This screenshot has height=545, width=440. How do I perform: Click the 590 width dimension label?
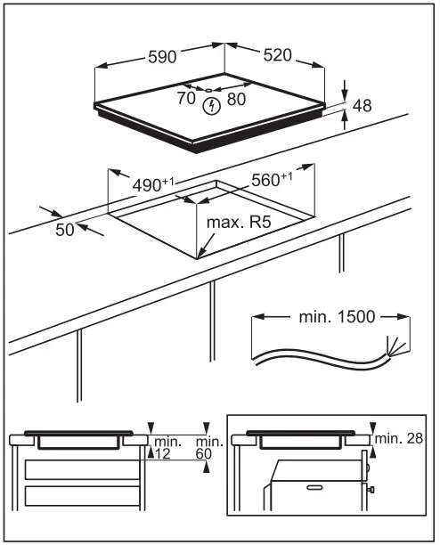[x=161, y=56]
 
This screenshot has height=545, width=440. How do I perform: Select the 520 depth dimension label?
[x=277, y=55]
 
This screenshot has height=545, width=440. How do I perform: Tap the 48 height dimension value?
[x=362, y=106]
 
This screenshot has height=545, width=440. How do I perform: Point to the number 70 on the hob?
[x=185, y=99]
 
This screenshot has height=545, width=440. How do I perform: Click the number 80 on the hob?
[x=236, y=99]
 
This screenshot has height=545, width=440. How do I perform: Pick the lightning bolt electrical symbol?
[x=211, y=108]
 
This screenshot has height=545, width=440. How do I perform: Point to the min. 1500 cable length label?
[x=330, y=316]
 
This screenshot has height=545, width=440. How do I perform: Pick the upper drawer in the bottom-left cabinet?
[x=83, y=470]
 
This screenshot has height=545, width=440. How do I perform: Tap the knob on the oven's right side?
[x=369, y=489]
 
